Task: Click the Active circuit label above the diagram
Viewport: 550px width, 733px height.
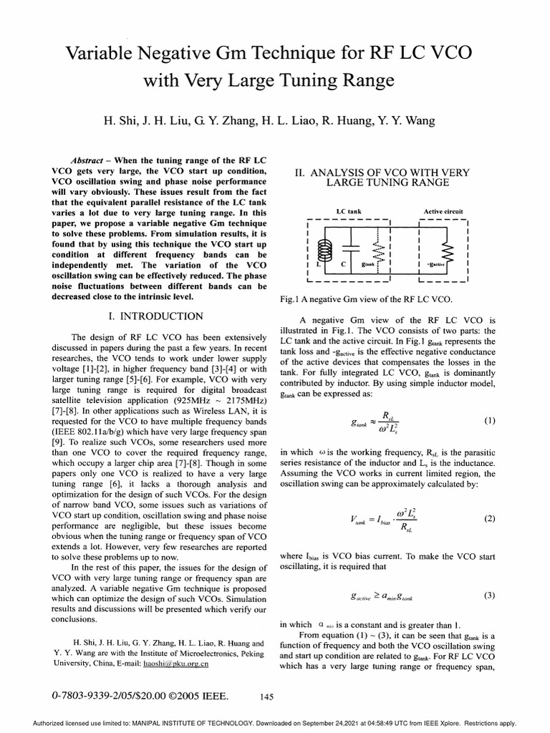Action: [x=443, y=212]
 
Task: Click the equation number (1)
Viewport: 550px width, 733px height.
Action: [x=489, y=421]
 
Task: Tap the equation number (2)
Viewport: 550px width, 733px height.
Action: [x=489, y=519]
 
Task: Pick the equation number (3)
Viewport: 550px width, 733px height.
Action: [x=489, y=595]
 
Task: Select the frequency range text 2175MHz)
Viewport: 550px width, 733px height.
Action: [x=244, y=402]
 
